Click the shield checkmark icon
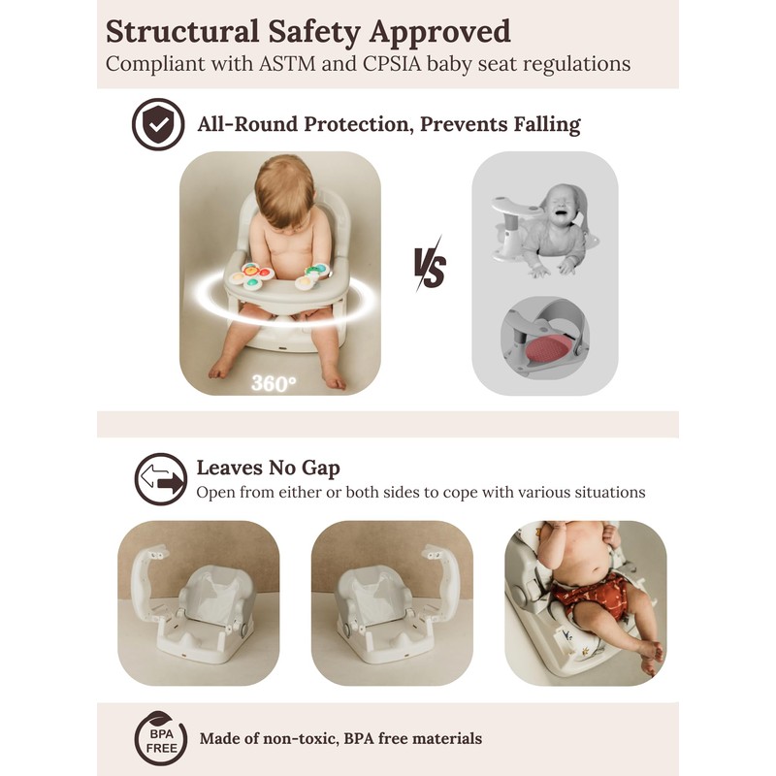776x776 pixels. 157,124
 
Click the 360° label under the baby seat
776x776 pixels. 274,382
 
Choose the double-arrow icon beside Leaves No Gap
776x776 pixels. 161,478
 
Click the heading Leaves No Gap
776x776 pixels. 268,469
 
